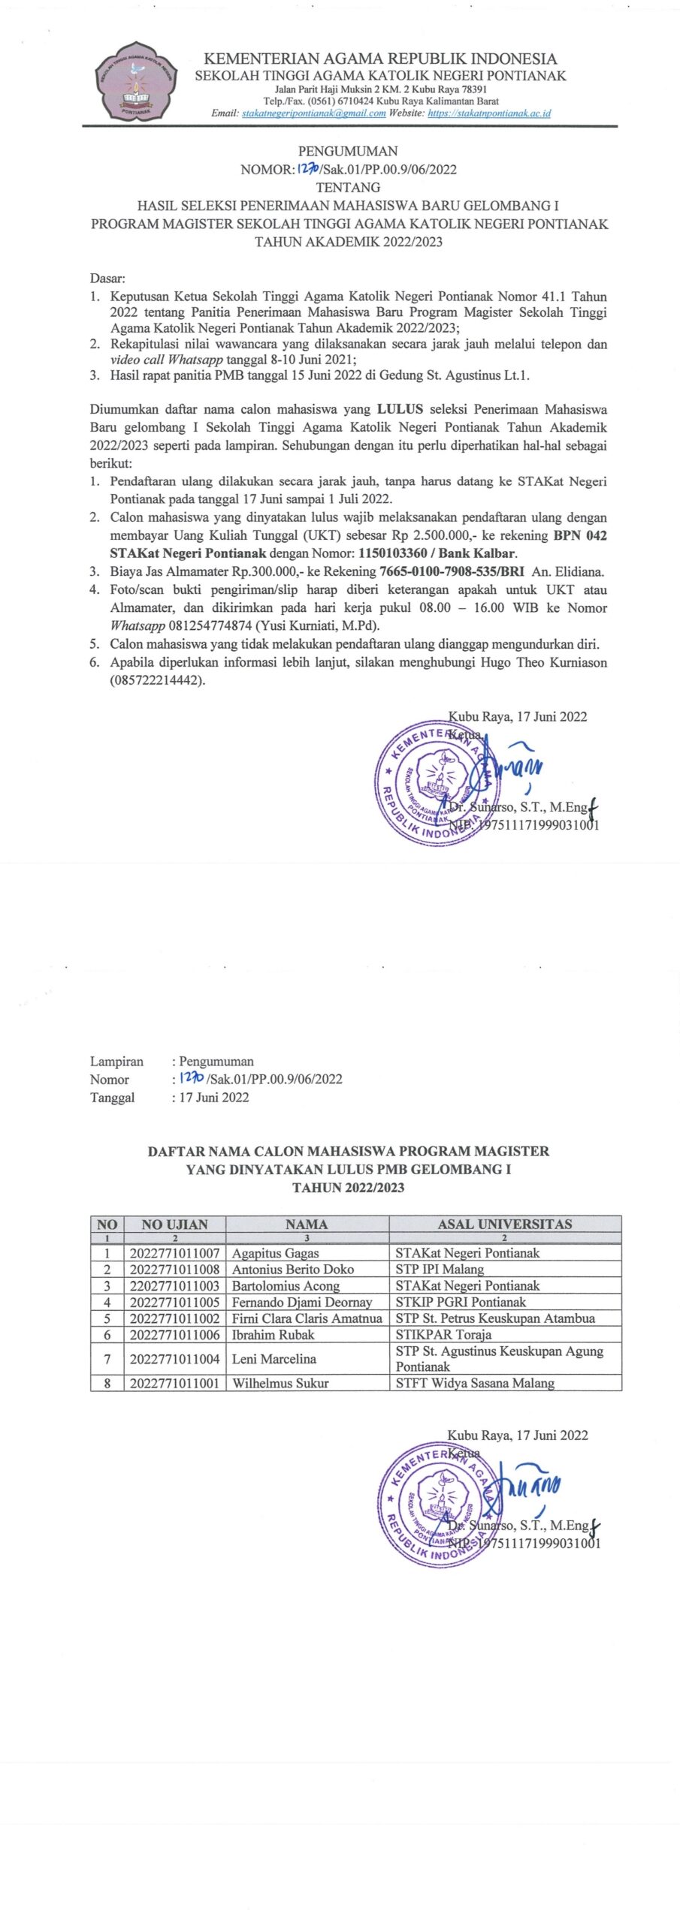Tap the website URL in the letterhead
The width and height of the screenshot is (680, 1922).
[x=489, y=113]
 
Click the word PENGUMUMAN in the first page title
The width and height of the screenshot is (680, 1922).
[x=348, y=151]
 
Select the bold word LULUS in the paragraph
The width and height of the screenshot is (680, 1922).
[x=400, y=409]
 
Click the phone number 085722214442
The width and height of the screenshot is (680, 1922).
[x=158, y=680]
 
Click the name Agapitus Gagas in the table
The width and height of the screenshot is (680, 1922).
[x=275, y=1252]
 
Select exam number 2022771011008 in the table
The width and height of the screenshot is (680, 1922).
[x=174, y=1269]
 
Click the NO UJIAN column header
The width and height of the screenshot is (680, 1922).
[x=174, y=1224]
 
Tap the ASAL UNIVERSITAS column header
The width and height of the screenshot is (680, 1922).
[x=504, y=1224]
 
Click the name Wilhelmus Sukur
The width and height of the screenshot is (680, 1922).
[x=280, y=1382]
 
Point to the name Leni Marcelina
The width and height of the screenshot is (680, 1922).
[x=274, y=1358]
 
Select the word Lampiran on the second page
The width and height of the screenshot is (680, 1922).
[x=116, y=1061]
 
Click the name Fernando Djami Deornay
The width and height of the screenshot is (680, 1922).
[x=301, y=1302]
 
